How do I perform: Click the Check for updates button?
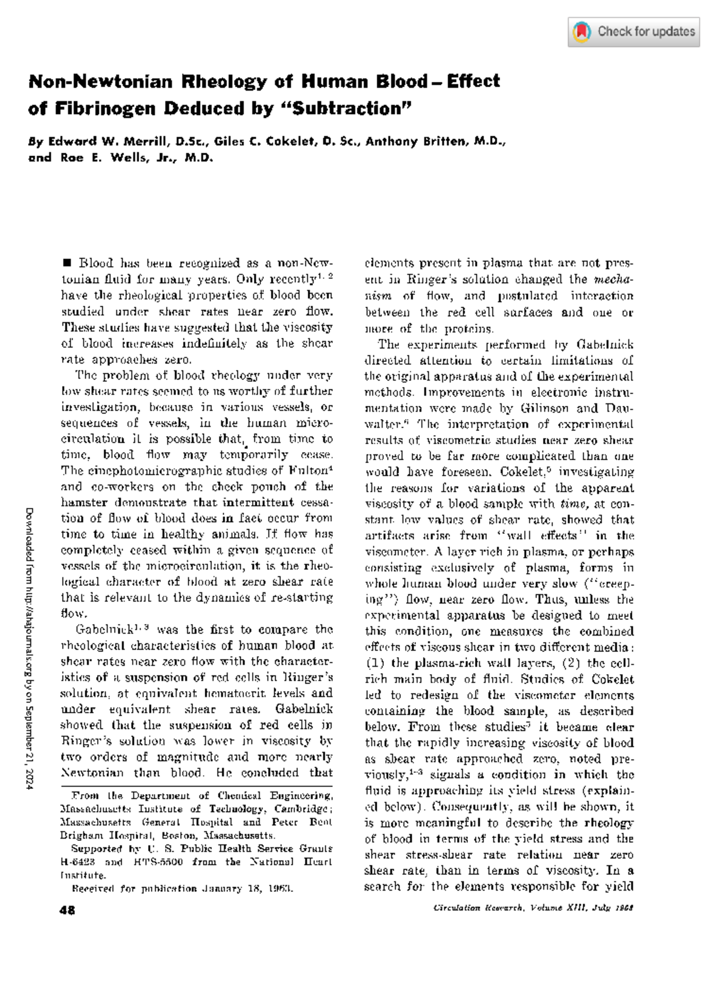(634, 32)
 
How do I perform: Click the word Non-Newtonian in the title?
(100, 81)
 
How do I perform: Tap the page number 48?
(67, 910)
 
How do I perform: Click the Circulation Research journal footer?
(533, 908)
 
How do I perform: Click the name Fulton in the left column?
(308, 471)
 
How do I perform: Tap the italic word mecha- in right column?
(614, 280)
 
